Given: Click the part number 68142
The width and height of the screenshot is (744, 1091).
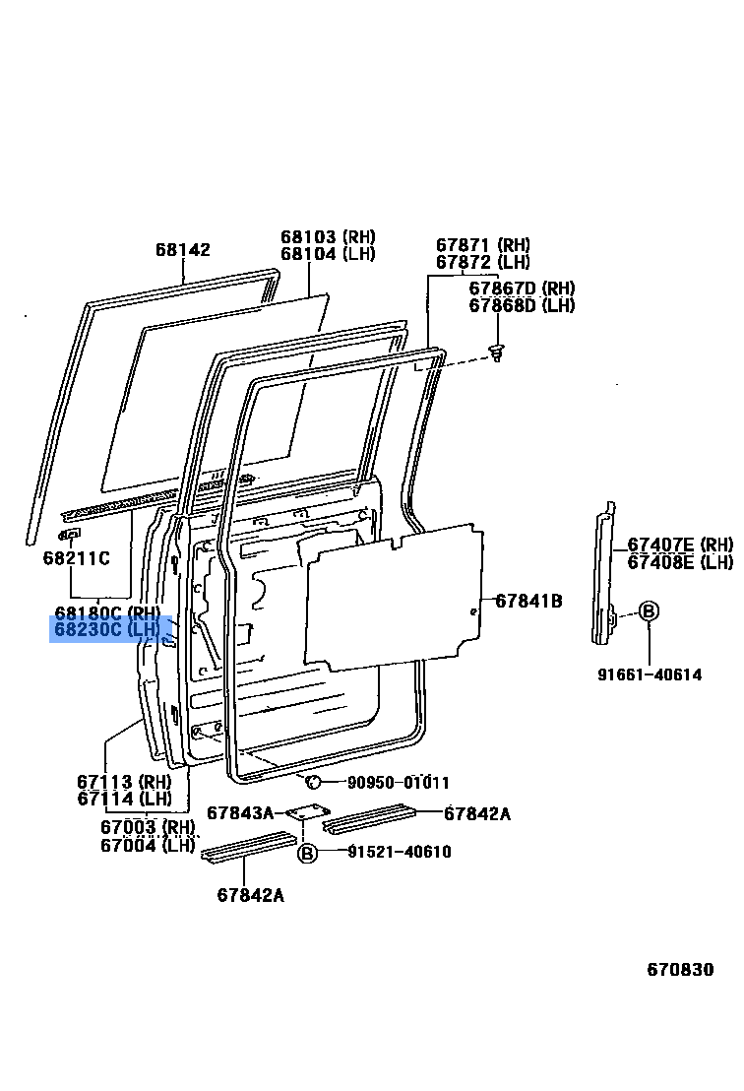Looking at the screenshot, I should (182, 250).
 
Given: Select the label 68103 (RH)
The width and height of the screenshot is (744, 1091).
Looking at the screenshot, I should (328, 237).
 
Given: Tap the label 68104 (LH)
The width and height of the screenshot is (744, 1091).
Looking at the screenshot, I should (328, 254).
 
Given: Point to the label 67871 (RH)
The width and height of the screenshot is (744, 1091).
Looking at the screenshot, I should (483, 245).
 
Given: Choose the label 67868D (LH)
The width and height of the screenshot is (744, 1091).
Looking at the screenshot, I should (522, 305).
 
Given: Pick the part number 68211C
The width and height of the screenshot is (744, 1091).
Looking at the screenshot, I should (76, 558).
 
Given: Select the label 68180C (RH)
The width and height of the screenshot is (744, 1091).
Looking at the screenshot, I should (107, 612).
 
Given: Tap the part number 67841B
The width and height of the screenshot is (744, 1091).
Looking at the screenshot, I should (528, 600).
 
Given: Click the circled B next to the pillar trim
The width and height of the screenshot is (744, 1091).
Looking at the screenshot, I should (649, 610).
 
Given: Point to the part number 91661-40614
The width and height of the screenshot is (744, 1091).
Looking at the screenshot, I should (649, 674).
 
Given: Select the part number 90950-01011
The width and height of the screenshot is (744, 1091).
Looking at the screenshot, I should (398, 783).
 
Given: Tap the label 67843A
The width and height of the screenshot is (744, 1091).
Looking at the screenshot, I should (240, 812).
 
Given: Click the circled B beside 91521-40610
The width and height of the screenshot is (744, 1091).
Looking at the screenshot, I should (307, 853).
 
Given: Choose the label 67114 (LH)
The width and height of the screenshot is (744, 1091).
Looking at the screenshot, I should (124, 799).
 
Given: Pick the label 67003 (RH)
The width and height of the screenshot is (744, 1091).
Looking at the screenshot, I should (148, 827).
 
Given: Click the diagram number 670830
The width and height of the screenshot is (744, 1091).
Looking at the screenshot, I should (680, 969).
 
